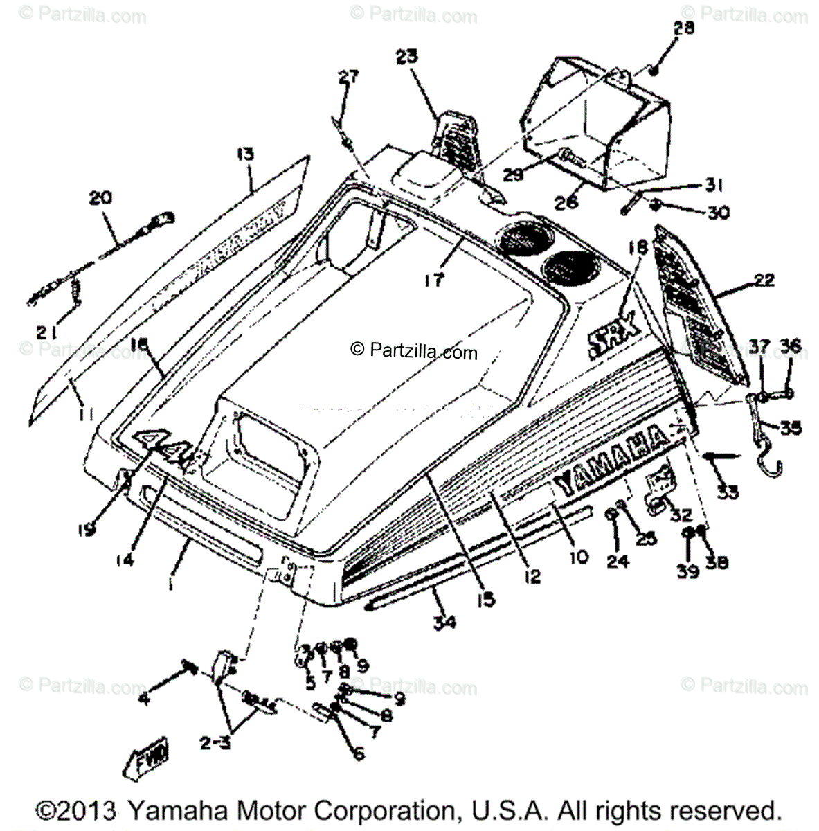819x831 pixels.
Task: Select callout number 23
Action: click(x=407, y=56)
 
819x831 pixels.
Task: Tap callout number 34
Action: click(x=444, y=622)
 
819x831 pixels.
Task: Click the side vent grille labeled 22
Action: click(x=699, y=305)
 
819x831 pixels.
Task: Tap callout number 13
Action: click(x=245, y=154)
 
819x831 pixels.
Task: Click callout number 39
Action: click(x=687, y=573)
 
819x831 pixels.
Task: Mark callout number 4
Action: click(x=143, y=699)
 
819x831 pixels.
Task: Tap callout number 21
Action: click(x=47, y=332)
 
